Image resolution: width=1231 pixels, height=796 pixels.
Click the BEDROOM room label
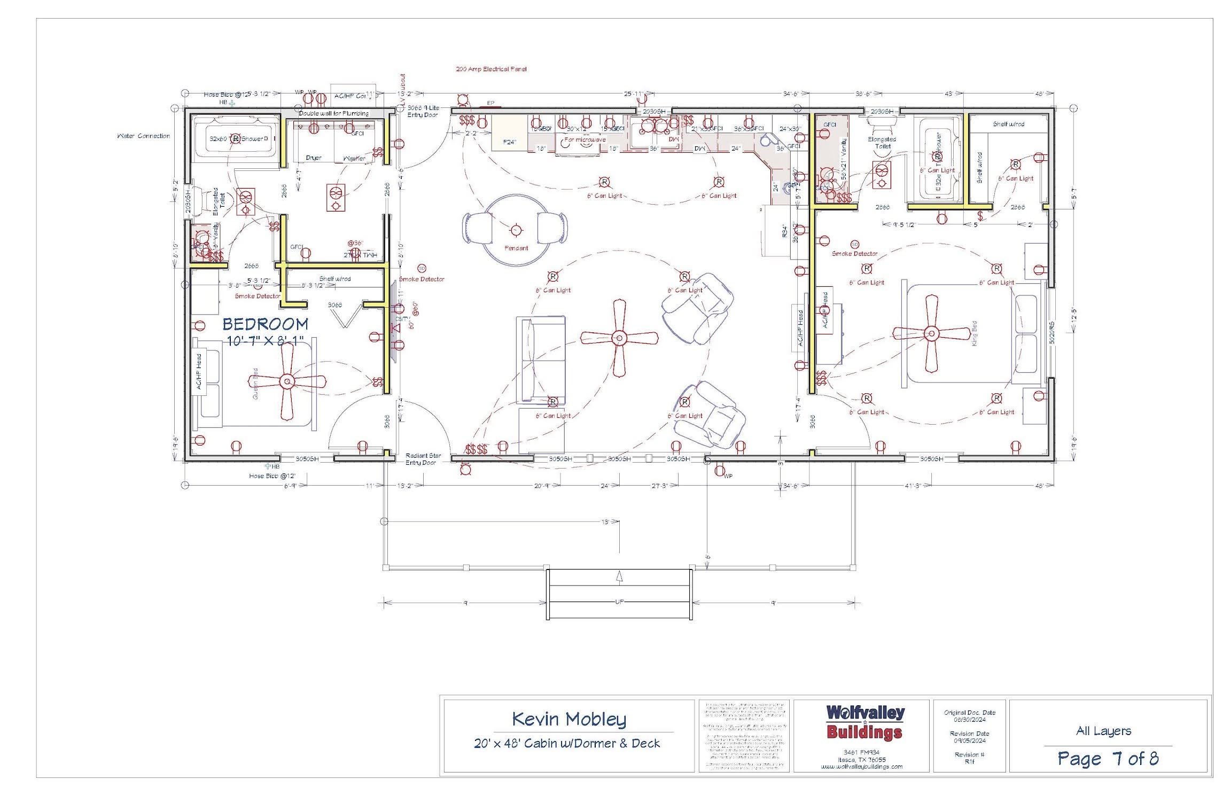point(265,324)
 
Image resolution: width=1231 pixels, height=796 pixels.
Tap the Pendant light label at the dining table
point(516,248)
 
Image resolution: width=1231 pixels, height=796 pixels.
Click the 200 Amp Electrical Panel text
point(491,69)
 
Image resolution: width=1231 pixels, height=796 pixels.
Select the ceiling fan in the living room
point(619,338)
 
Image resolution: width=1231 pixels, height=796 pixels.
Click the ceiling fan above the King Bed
point(931,334)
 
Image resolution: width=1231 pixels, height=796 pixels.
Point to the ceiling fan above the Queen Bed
point(287,381)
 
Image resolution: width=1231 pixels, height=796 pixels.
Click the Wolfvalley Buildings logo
point(864,722)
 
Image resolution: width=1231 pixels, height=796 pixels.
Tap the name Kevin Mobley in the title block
point(568,719)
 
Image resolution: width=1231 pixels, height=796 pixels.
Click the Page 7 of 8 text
point(1108,758)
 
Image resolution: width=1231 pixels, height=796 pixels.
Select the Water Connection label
point(143,136)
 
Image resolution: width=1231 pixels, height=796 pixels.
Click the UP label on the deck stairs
point(619,602)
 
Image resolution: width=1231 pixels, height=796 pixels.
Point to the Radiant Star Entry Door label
point(423,459)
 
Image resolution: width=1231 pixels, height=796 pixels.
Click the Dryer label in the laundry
point(314,158)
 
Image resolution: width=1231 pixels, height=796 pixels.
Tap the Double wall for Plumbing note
point(333,113)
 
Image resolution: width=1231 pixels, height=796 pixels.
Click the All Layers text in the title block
point(1103,731)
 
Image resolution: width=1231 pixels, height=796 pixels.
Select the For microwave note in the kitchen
point(585,139)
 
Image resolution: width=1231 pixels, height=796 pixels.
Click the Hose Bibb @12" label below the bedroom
point(272,475)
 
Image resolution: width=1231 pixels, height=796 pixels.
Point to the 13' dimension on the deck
point(605,521)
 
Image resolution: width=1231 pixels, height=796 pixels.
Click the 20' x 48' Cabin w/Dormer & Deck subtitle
point(567,743)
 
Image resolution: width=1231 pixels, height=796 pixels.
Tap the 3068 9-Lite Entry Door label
point(423,111)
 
